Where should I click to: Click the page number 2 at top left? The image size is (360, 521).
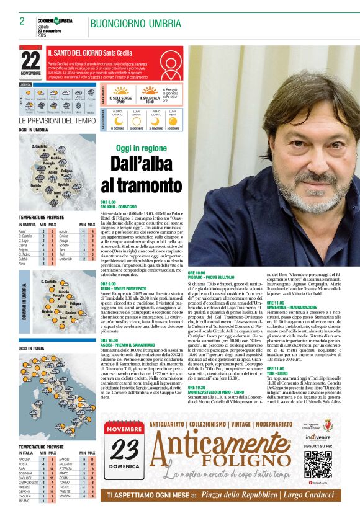tap(22, 21)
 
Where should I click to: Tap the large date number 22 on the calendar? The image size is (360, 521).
tap(30, 60)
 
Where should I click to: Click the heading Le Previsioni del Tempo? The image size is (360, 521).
tap(56, 120)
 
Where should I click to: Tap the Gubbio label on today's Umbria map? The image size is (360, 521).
tap(56, 158)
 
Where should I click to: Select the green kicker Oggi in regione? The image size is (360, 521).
tap(141, 149)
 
